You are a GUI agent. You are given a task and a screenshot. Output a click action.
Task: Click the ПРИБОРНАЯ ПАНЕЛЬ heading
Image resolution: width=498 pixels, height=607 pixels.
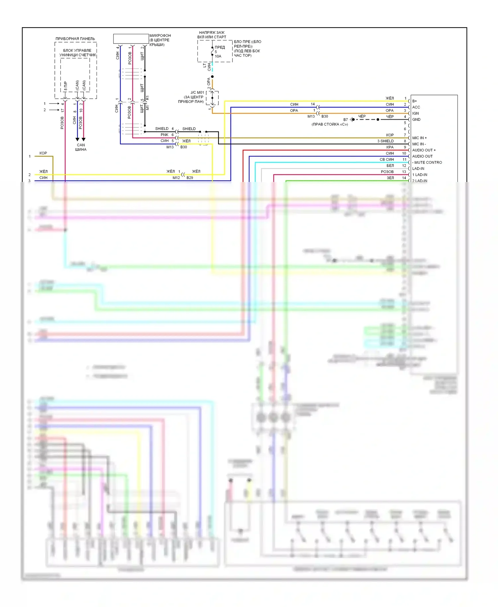click(75, 39)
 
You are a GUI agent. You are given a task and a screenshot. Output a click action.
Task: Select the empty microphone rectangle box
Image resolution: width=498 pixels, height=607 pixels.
click(131, 39)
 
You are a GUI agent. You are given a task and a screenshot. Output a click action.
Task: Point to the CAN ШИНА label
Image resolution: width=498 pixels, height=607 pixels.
click(81, 147)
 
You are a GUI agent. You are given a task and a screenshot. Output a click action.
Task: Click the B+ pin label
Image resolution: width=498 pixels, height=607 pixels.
click(414, 101)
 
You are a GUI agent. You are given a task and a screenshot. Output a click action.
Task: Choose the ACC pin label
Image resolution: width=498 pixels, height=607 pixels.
click(416, 107)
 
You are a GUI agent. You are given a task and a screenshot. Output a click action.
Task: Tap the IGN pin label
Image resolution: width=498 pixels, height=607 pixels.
click(415, 113)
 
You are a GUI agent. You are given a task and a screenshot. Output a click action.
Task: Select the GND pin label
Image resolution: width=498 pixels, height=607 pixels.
click(416, 120)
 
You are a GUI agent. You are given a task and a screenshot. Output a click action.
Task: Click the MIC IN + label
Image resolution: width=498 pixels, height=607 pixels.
click(419, 138)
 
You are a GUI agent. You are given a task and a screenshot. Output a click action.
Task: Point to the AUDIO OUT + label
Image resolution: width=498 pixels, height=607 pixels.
click(424, 150)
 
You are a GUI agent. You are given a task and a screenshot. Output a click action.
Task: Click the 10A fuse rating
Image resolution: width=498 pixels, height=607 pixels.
click(218, 56)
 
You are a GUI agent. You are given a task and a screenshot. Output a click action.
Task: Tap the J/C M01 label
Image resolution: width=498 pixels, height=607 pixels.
click(197, 93)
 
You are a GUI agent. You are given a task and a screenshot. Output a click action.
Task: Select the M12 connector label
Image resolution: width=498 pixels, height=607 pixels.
click(176, 178)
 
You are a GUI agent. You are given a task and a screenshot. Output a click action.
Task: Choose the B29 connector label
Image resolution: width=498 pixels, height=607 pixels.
click(190, 178)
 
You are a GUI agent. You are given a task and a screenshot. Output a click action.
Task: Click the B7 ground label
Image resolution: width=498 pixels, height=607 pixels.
click(346, 120)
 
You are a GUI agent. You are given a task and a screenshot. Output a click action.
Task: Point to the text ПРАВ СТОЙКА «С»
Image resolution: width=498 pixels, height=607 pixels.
click(329, 125)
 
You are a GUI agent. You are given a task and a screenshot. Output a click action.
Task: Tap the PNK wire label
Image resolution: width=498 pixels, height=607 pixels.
click(164, 135)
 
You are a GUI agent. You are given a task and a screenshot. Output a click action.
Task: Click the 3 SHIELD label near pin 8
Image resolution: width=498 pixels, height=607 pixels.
click(385, 141)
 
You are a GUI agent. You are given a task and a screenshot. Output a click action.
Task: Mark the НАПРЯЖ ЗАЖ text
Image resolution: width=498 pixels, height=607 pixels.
click(212, 33)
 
